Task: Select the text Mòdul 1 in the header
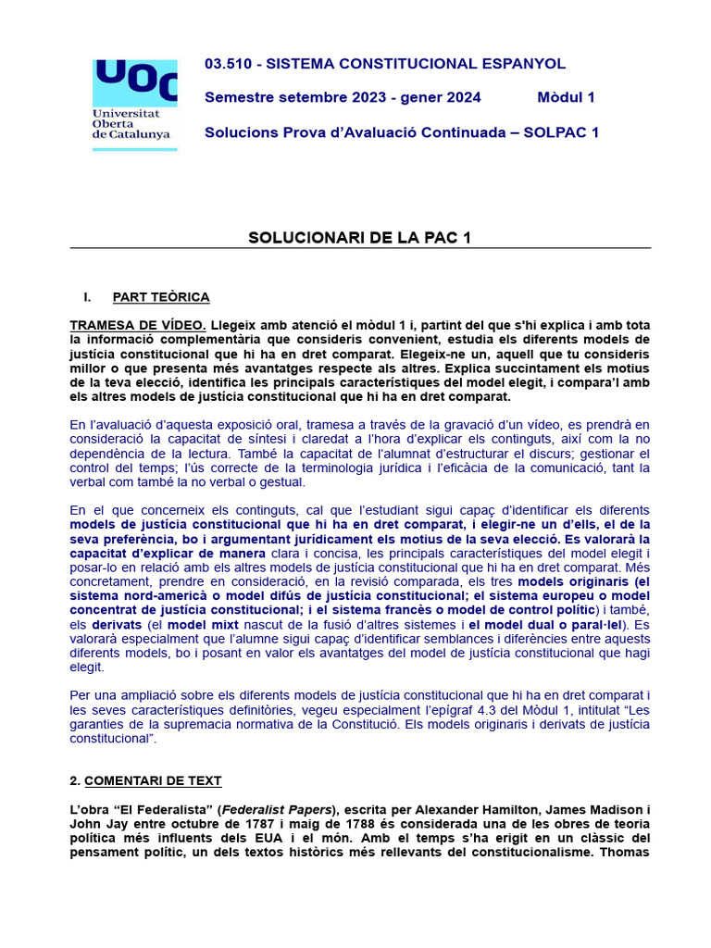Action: (566, 97)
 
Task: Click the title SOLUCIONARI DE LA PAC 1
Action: (360, 238)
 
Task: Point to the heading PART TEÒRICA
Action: (161, 297)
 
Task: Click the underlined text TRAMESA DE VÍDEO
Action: (138, 326)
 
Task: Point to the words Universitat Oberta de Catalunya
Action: (131, 122)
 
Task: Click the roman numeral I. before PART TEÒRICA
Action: (88, 297)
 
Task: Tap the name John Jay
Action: (98, 824)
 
